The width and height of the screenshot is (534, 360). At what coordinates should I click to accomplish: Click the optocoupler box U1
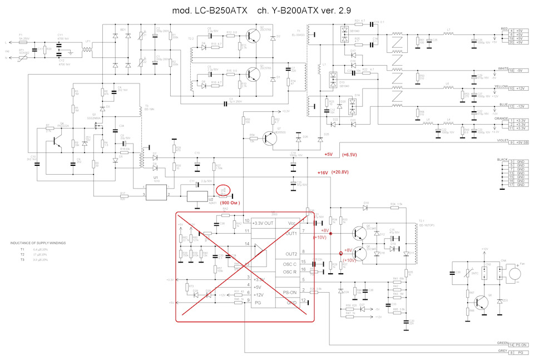point(156,191)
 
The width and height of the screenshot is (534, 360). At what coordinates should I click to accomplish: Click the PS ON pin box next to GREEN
point(521,344)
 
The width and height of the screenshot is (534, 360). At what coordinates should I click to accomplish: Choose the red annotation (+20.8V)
point(339,172)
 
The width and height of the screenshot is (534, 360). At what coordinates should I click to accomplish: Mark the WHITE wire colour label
point(503,69)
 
